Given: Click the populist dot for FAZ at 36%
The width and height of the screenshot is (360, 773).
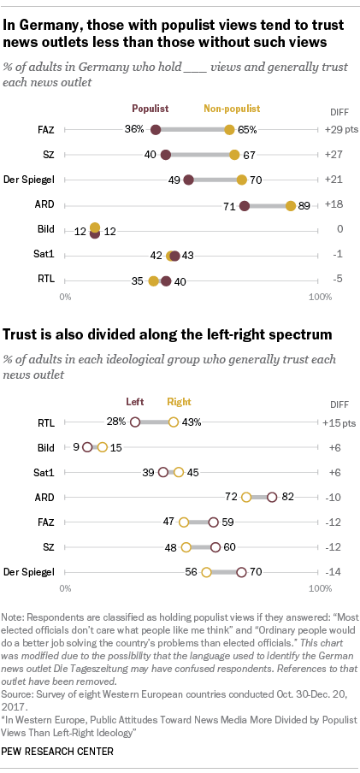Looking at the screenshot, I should [156, 130].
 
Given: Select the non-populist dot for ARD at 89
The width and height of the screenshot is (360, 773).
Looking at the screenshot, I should [291, 205].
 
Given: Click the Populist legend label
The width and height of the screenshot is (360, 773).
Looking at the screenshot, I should [149, 109].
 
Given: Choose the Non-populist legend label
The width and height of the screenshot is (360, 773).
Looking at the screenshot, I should [231, 109].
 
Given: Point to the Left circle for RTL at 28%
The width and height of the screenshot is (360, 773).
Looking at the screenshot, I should [134, 422].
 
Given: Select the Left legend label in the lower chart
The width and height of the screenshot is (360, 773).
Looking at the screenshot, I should [135, 401].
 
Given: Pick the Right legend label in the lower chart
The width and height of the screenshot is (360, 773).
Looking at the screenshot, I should [179, 401].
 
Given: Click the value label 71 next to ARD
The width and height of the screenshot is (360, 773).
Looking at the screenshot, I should [228, 205].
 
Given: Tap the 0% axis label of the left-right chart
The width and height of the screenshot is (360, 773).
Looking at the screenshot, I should [65, 588].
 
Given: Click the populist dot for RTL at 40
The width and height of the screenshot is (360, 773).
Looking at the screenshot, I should [166, 280].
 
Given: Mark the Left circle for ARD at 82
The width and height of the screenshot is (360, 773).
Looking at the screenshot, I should [271, 496].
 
